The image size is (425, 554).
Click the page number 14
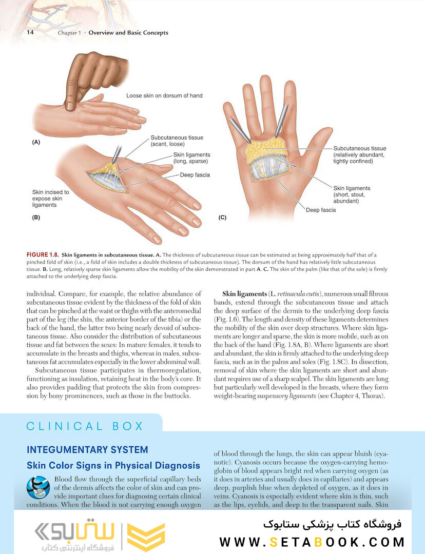pos(30,32)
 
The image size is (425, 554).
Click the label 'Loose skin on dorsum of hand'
pos(164,95)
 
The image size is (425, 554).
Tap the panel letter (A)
pos(36,142)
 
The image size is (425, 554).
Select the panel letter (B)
pos(36,217)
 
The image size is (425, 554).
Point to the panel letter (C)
pos(222,217)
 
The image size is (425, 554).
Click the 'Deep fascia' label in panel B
pos(195,175)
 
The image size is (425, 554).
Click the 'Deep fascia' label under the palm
pos(321,210)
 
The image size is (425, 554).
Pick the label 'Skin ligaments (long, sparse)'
pos(191,158)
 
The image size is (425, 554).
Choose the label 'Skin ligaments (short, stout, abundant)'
pos(352,195)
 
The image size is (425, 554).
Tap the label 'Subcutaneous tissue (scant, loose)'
pos(177,141)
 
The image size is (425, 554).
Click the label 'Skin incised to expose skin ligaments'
pos(51,198)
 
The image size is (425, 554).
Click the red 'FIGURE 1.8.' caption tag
pos(43,255)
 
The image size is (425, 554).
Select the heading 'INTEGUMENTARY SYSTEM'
pos(87,450)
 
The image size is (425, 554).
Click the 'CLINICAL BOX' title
pos(85,426)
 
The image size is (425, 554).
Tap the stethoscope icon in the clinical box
pos(38,487)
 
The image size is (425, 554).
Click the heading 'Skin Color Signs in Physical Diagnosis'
pos(113,466)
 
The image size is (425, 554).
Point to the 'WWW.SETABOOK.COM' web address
pos(312,542)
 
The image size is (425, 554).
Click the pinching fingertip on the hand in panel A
pos(70,105)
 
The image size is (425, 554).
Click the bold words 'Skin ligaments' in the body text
pos(244,294)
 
